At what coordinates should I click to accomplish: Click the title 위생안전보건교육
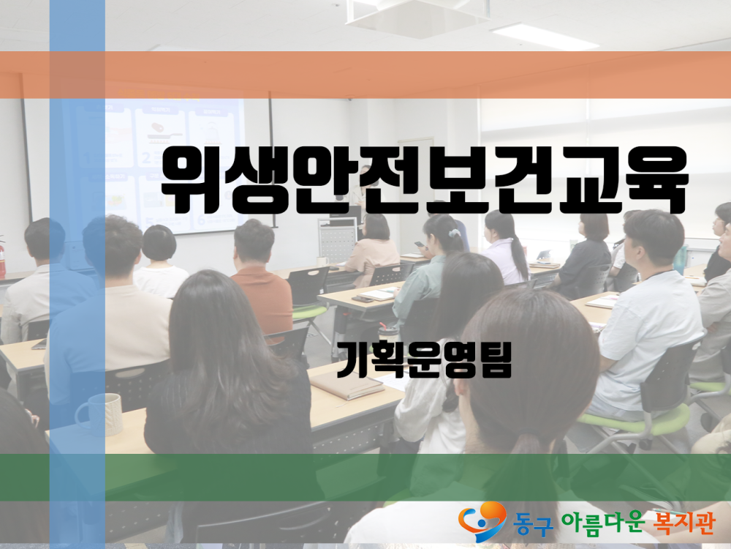424,180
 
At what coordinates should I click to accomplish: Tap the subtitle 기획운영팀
424,359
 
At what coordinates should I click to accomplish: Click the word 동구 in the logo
533,523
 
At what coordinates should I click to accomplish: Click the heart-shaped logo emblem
482,520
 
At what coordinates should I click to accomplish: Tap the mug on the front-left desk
99,414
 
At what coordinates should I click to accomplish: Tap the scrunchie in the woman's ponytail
455,233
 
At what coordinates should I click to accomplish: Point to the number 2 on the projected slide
146,157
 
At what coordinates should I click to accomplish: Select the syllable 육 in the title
656,180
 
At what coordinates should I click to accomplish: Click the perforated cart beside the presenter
338,239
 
